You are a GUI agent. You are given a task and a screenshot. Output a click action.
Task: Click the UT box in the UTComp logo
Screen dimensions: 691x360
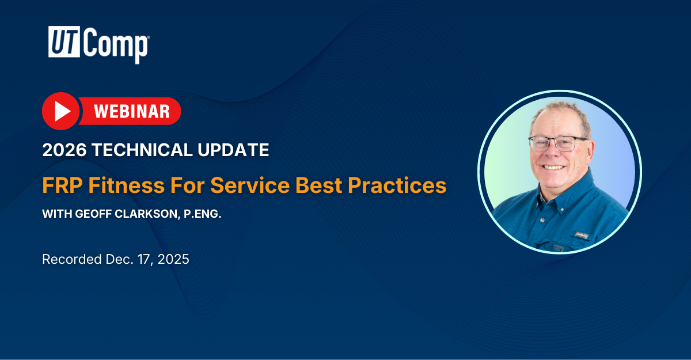64,41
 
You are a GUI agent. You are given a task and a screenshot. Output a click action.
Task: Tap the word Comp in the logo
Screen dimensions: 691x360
116,45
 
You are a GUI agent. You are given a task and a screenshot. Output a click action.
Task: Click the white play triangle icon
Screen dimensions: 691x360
63,111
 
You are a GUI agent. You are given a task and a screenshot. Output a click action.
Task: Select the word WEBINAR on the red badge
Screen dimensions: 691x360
132,111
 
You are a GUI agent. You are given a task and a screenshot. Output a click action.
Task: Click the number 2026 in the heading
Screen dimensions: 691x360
64,150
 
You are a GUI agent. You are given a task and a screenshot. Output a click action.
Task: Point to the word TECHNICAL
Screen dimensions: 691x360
142,150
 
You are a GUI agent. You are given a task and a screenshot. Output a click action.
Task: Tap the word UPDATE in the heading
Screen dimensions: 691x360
233,150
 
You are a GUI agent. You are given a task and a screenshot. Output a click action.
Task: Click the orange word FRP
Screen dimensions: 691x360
63,185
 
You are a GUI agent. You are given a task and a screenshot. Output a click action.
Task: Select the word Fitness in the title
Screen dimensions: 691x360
127,185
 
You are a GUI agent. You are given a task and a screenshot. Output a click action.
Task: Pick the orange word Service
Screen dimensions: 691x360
250,185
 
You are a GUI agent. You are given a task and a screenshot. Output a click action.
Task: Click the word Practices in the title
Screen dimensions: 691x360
397,185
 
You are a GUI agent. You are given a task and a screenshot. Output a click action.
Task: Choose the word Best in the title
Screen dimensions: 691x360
318,185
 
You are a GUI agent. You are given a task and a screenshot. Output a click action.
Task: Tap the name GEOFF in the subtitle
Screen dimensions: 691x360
93,214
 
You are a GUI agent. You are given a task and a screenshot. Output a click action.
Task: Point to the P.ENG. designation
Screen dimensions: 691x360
202,214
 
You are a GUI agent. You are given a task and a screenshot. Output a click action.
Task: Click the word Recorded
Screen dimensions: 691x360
72,259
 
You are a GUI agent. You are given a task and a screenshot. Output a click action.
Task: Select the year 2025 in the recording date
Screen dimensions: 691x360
173,259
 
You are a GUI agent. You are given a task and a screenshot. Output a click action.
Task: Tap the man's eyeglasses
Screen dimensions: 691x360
557,144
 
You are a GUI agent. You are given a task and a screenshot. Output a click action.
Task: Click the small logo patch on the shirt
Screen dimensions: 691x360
582,236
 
